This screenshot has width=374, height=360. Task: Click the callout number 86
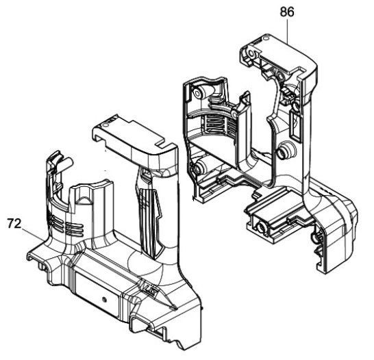287,12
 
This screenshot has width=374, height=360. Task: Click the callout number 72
14,224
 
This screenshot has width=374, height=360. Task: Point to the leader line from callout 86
287,31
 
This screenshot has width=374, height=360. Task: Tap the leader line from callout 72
33,234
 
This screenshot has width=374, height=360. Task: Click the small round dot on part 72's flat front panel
104,299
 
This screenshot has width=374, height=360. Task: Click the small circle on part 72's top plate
104,125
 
